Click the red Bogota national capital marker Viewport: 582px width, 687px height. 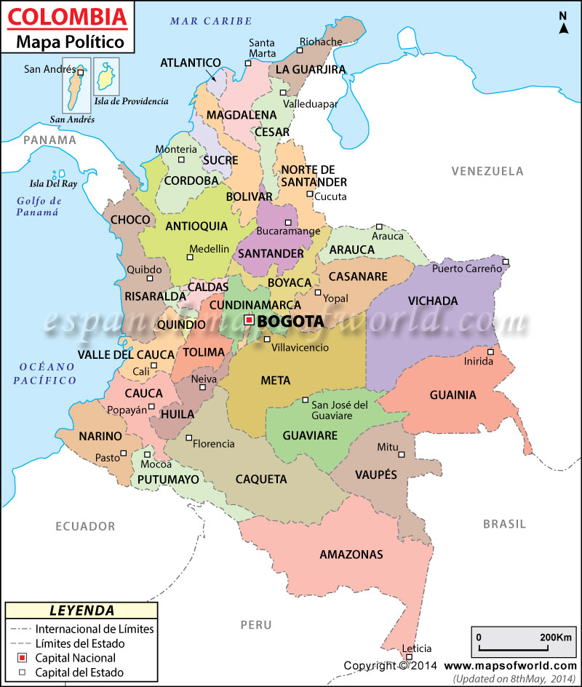point(249,319)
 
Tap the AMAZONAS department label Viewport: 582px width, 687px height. point(351,555)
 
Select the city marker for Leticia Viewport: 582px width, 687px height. point(409,657)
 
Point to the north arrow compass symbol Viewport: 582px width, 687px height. point(563,24)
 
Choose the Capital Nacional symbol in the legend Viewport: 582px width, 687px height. point(22,658)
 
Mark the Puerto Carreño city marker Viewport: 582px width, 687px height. point(506,262)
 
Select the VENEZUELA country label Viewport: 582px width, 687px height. point(487,172)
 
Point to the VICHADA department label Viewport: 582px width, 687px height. point(432,301)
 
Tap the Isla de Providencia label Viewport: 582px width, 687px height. point(131,101)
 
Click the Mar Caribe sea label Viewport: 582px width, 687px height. point(211,21)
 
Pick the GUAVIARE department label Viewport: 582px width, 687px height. point(310,435)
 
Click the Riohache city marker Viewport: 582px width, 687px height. point(299,50)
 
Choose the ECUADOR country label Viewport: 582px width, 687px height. point(86,526)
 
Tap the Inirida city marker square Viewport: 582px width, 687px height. point(490,352)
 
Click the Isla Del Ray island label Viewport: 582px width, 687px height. point(52,184)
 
